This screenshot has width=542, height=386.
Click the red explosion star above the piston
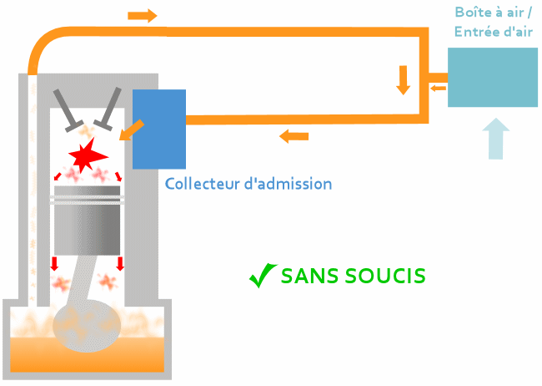[x=87, y=155]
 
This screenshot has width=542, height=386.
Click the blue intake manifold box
[x=158, y=128]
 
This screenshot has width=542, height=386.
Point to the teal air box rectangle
[x=492, y=77]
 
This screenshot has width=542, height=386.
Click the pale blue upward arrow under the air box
[x=496, y=139]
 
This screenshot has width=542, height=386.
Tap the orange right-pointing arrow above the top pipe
[x=143, y=16]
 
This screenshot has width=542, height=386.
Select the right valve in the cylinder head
[x=108, y=109]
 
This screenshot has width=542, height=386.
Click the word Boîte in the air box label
[x=474, y=13]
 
